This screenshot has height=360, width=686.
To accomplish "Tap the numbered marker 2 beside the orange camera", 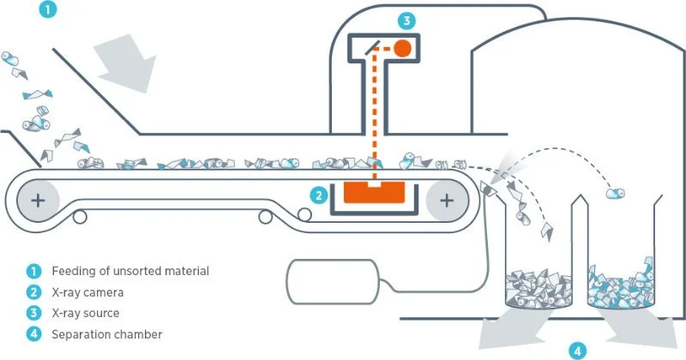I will point(318,195).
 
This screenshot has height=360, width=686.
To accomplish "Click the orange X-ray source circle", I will point(402,48).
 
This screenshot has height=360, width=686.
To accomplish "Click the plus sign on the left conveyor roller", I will point(39,201).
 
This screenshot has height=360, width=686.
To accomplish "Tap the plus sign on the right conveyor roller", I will point(447,201).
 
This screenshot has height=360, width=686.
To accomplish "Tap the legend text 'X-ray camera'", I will point(86,292).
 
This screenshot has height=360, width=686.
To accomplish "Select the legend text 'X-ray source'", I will point(85,313).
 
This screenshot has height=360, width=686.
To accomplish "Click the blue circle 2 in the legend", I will point(31,292).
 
